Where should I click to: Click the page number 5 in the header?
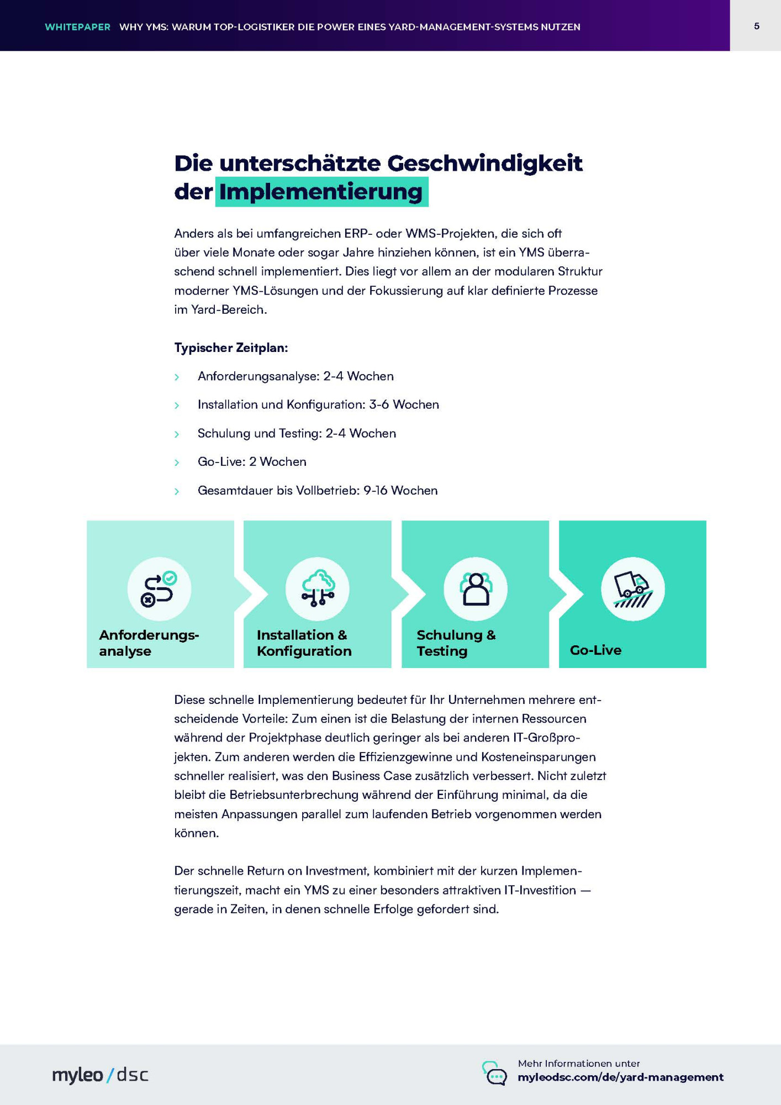756,26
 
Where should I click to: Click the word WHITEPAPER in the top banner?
77,27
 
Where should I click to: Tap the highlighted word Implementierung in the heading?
321,192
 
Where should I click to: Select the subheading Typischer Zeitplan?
231,348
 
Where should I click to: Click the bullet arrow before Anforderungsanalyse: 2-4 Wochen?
177,377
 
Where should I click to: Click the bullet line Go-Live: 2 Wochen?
252,461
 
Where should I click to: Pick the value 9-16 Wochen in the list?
400,490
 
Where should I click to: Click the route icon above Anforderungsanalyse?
159,588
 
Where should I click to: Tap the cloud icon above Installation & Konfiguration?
317,588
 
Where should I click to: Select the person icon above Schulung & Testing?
475,588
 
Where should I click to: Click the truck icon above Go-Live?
632,588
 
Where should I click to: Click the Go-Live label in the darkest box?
595,650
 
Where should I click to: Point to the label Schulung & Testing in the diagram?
456,643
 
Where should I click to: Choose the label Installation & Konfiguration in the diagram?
304,643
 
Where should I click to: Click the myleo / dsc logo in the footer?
100,1075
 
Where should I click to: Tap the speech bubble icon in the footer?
494,1073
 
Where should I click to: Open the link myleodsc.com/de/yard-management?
620,1077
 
